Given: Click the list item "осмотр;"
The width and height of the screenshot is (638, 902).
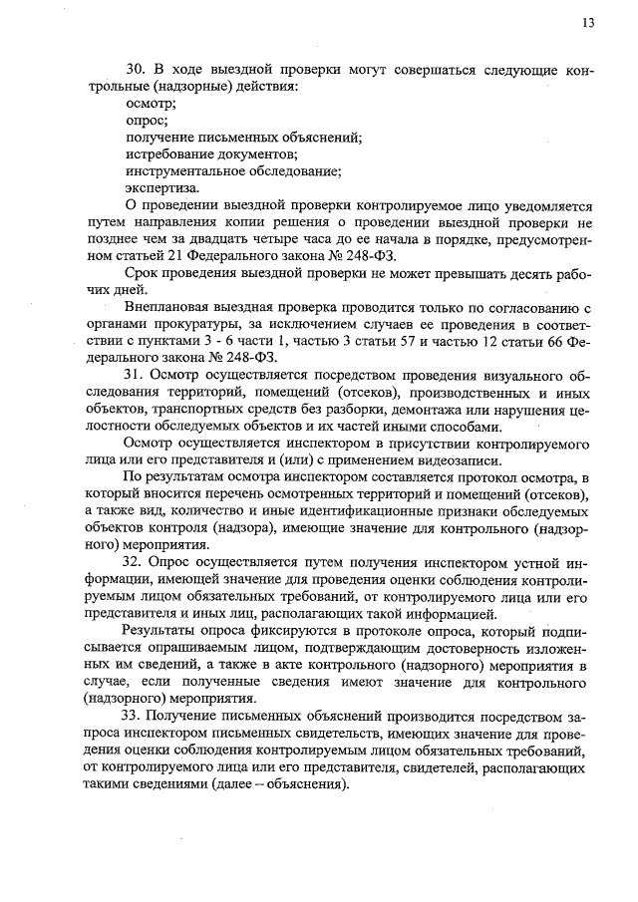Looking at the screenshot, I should coord(152,104).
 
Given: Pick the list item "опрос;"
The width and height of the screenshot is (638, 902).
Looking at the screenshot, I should coord(147,121).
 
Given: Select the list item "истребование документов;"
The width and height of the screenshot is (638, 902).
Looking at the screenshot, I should coord(211,154).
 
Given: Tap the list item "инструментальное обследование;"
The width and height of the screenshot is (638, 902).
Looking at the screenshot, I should coord(233,171).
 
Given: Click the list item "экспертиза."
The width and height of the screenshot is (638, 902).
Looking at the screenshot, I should coord(161,188).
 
